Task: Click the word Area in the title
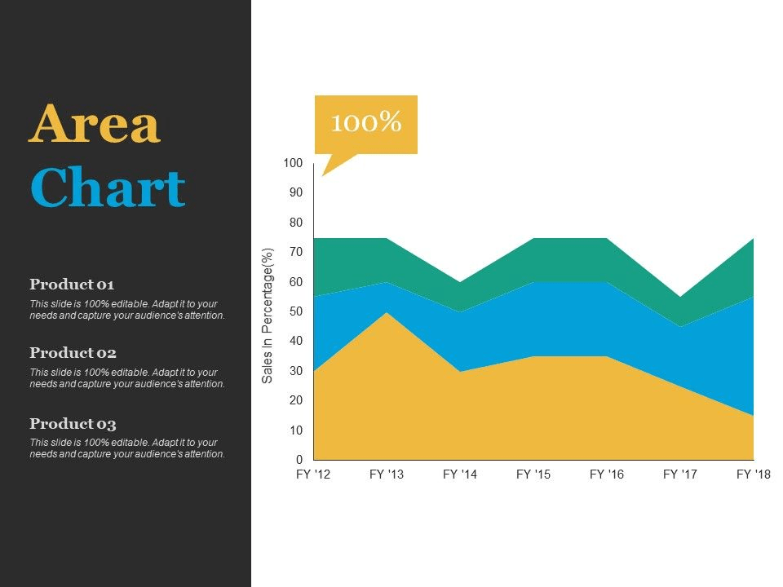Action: pos(95,123)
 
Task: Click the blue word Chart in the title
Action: pos(108,187)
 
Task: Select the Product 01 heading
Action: pos(72,284)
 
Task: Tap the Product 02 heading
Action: pos(73,352)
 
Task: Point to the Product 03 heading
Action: pos(73,423)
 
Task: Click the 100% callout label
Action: pos(366,121)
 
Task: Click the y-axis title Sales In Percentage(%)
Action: pos(268,316)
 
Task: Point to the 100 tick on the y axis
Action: pos(293,163)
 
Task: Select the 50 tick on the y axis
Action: pos(296,311)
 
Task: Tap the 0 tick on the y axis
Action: pos(299,459)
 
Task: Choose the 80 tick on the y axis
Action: pos(296,222)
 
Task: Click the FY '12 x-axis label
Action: pos(313,474)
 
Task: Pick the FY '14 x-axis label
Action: pos(460,474)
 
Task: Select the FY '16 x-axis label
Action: pos(607,474)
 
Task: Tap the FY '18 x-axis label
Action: pos(754,474)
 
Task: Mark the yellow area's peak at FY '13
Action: pos(387,312)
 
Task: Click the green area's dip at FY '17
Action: pos(680,298)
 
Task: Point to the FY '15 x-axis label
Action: pos(533,474)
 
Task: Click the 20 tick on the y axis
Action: pos(296,399)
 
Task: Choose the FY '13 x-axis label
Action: pos(387,474)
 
